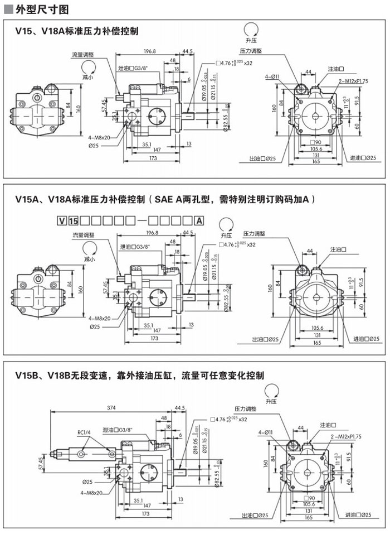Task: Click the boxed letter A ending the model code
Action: pyautogui.click(x=197, y=219)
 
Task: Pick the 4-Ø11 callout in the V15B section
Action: pyautogui.click(x=265, y=432)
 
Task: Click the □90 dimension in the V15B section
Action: pyautogui.click(x=310, y=498)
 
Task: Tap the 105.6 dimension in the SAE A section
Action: pyautogui.click(x=316, y=328)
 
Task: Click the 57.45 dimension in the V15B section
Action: pyautogui.click(x=41, y=463)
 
